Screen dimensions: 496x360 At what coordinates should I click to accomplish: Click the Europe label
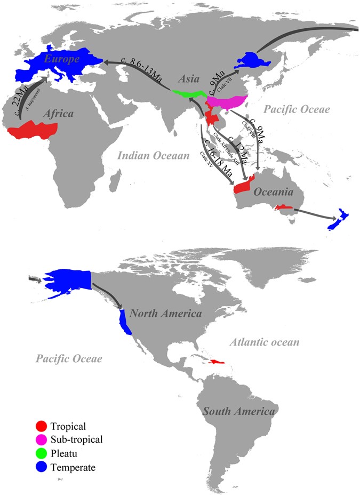pos(62,59)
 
